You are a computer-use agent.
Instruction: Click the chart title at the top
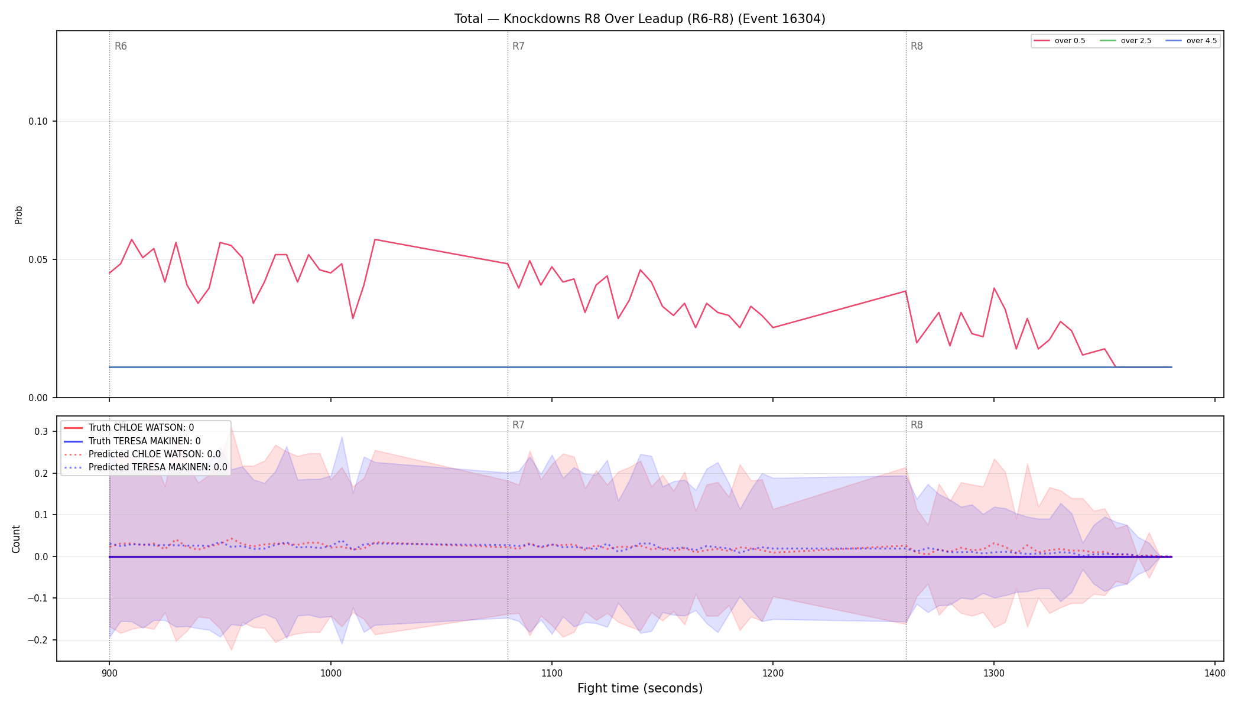pyautogui.click(x=639, y=19)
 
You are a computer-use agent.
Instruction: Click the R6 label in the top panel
pyautogui.click(x=121, y=46)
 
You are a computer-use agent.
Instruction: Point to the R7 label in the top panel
pyautogui.click(x=518, y=46)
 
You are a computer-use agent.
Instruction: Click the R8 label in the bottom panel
pyautogui.click(x=917, y=425)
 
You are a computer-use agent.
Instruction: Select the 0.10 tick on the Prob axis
pyautogui.click(x=38, y=122)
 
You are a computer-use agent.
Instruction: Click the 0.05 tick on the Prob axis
pyautogui.click(x=38, y=260)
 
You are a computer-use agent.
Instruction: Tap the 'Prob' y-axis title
pyautogui.click(x=18, y=214)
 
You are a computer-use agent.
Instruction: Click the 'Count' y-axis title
pyautogui.click(x=16, y=539)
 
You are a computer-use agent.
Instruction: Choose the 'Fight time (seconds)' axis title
pyautogui.click(x=640, y=688)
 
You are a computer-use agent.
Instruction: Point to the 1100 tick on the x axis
pyautogui.click(x=551, y=673)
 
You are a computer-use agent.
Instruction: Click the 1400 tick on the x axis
pyautogui.click(x=1215, y=673)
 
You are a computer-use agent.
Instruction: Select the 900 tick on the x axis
pyautogui.click(x=109, y=673)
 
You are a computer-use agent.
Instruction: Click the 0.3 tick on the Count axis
pyautogui.click(x=41, y=432)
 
